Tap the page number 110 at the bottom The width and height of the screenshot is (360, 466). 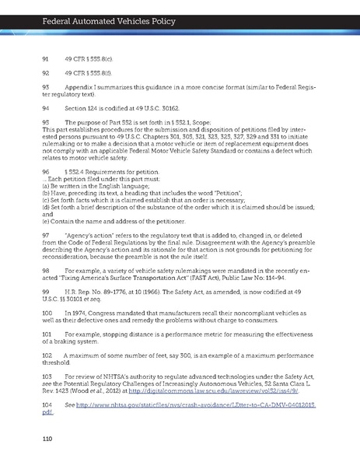49,440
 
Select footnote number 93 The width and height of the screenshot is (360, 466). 45,86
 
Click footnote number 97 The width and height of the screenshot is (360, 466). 45,234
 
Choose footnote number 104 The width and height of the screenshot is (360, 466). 46,405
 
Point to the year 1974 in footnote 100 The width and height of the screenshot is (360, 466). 79,311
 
